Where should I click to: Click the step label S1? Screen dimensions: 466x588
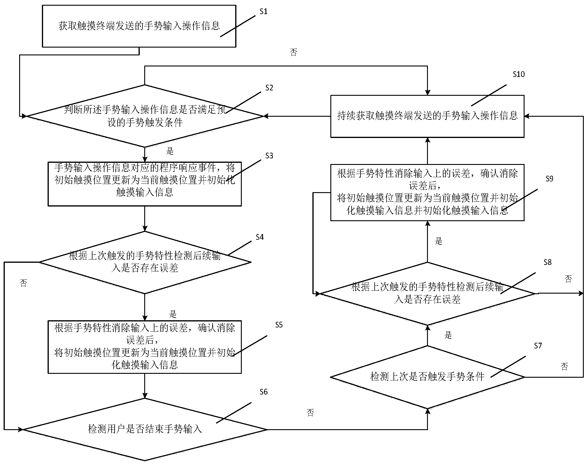click(263, 12)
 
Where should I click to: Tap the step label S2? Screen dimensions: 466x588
click(269, 88)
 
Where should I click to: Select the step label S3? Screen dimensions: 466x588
click(269, 156)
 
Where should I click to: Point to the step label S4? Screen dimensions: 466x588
click(259, 237)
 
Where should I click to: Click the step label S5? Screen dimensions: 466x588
click(279, 325)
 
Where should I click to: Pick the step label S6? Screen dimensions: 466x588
click(263, 392)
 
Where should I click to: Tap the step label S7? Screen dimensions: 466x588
click(538, 346)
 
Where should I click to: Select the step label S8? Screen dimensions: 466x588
click(547, 262)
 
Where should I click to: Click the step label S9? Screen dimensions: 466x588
click(549, 179)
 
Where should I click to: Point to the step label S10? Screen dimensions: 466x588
click(519, 75)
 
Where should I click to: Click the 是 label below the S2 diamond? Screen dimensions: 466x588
click(170, 151)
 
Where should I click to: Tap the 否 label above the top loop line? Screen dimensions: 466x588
click(294, 53)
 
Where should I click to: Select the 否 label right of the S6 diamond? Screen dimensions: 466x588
click(310, 413)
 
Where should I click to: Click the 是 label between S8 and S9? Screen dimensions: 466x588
click(438, 241)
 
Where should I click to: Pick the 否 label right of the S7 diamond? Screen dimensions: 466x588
click(564, 367)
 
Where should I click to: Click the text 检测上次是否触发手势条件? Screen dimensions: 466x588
click(427, 377)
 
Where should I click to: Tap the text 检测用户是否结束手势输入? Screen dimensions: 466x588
click(145, 429)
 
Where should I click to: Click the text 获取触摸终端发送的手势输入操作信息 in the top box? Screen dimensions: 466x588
click(139, 26)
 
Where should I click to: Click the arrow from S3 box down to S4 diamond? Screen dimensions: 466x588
click(145, 218)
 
